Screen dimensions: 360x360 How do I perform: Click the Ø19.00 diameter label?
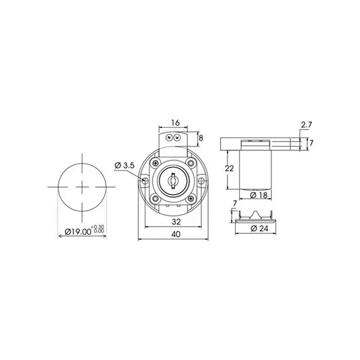(77, 231)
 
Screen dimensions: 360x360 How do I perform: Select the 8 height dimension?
(200, 137)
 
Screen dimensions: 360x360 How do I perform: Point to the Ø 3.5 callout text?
(124, 165)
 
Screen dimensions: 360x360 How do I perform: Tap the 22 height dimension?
(229, 168)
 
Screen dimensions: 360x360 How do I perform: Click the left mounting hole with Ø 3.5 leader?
(145, 179)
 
